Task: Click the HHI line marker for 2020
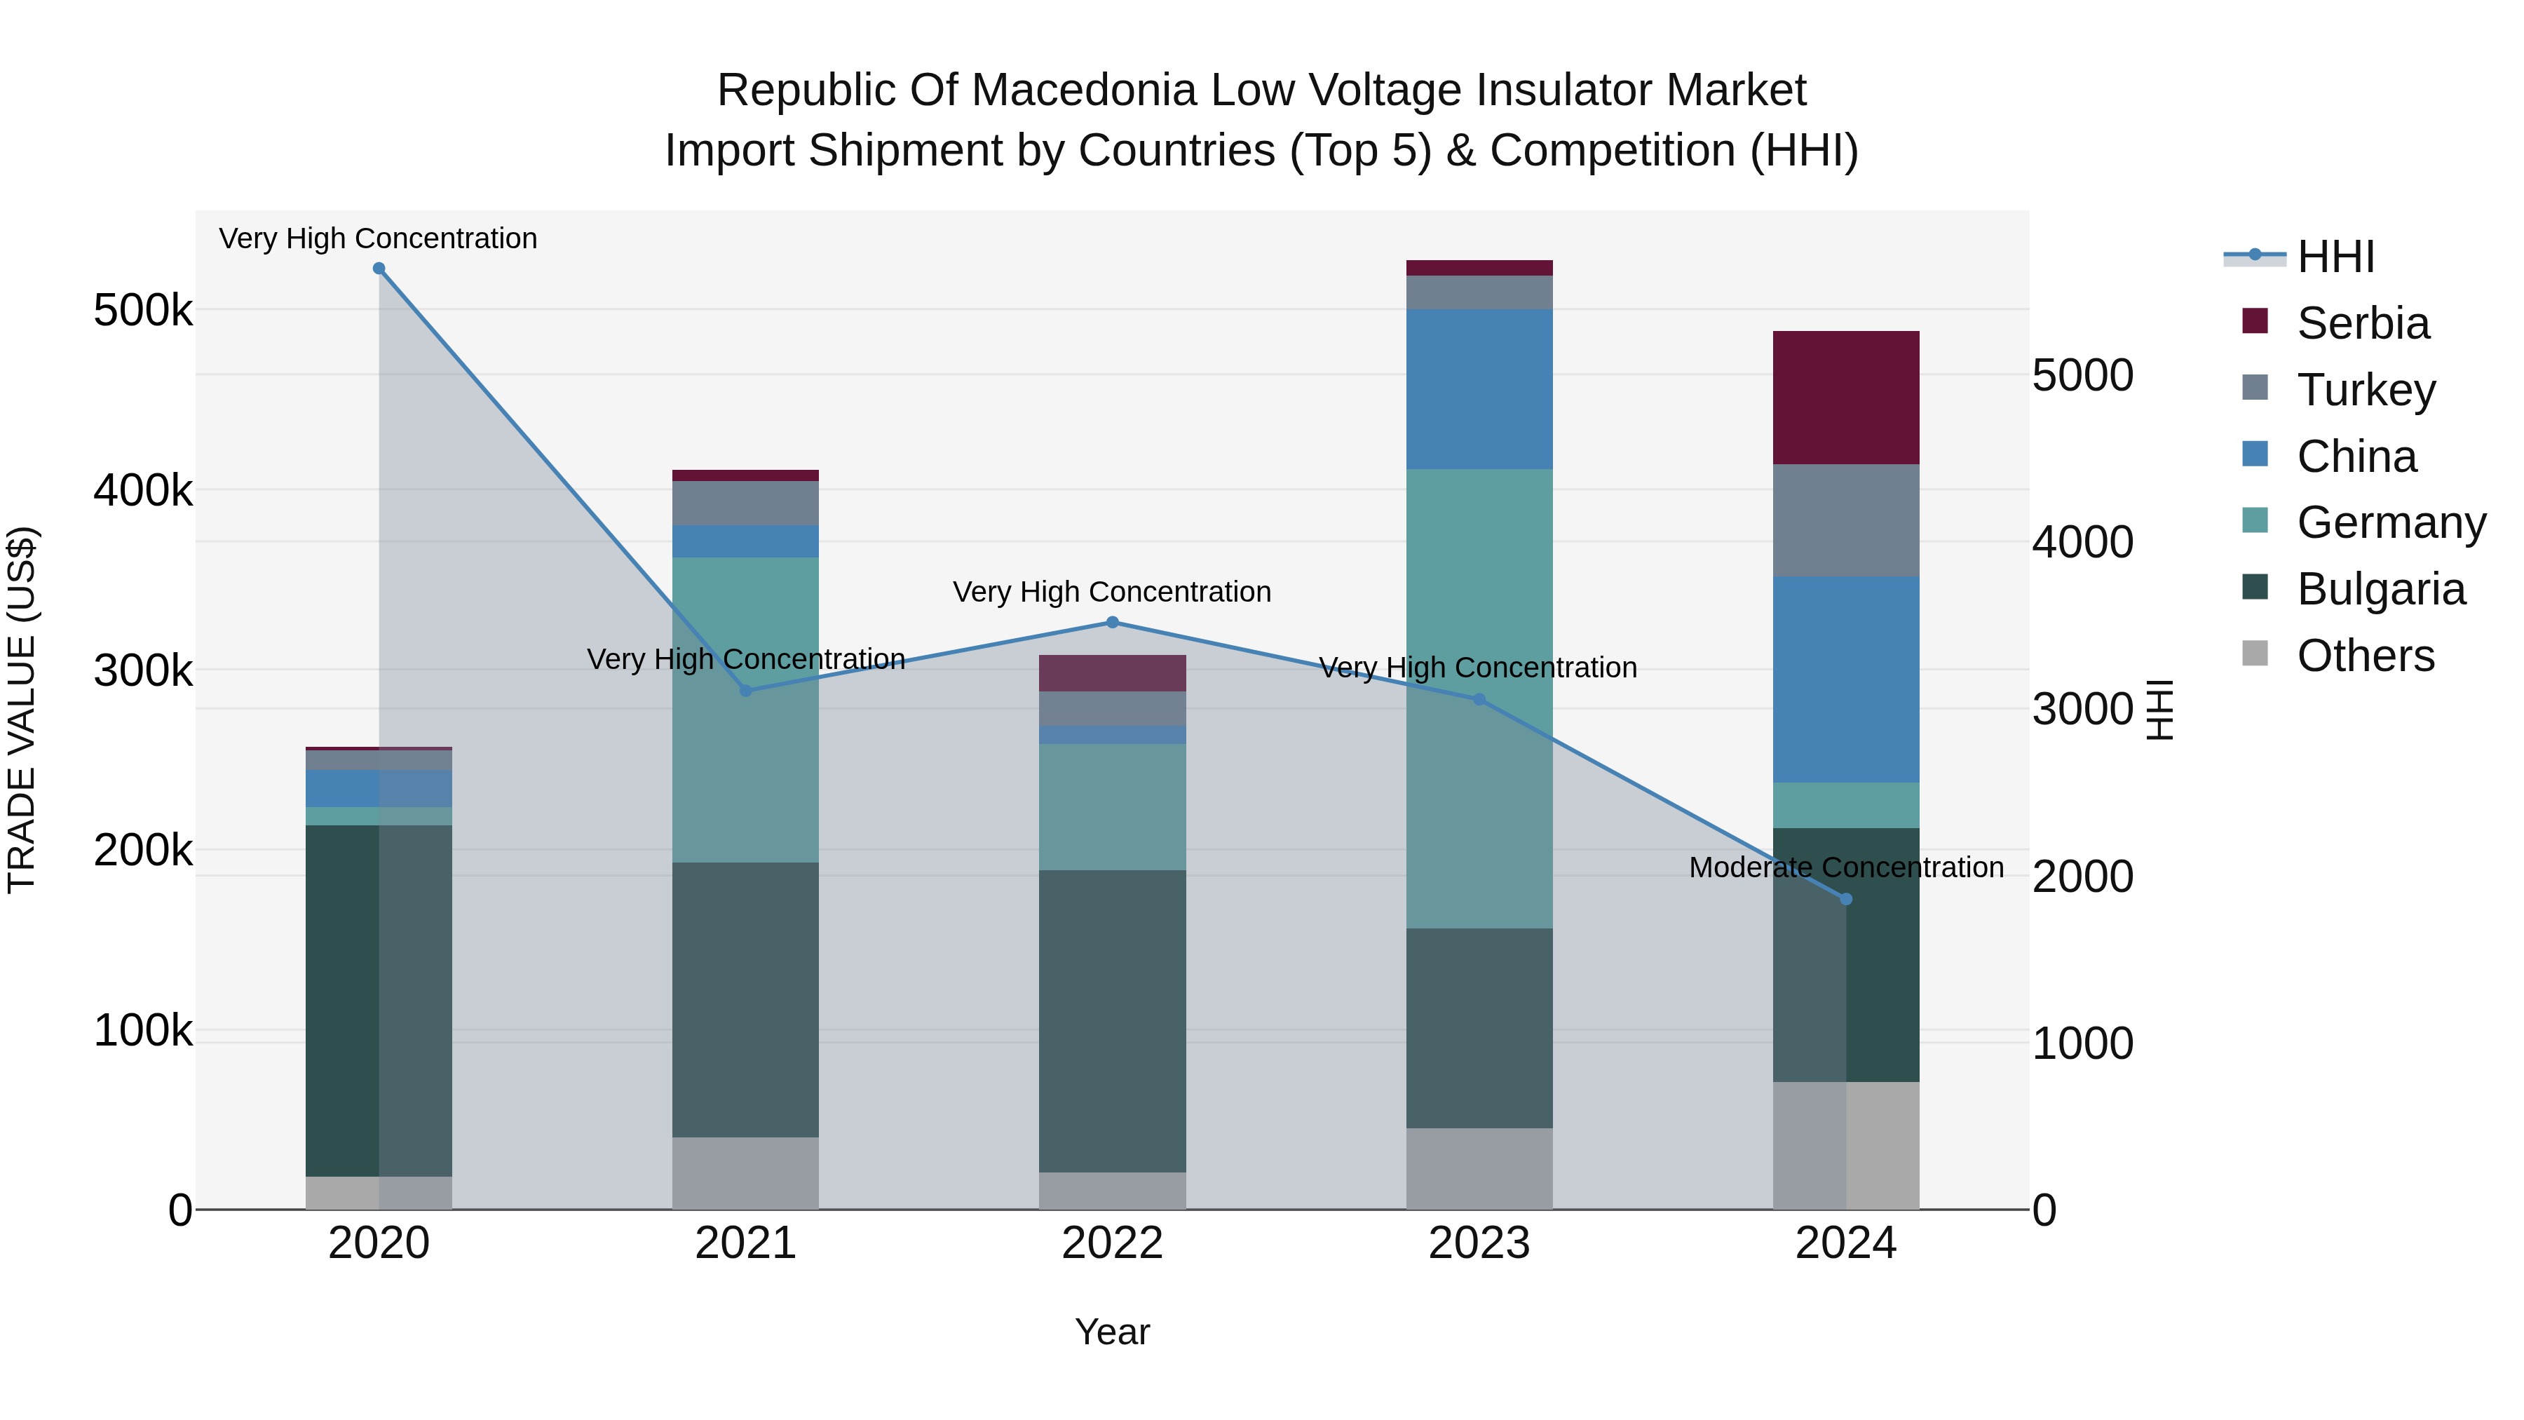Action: click(379, 269)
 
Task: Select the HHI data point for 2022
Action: click(1112, 622)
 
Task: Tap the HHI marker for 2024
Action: click(1846, 899)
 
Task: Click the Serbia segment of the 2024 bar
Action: click(1846, 397)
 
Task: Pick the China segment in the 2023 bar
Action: click(1479, 389)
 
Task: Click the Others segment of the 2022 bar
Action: click(1112, 1190)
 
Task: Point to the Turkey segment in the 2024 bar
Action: click(1846, 520)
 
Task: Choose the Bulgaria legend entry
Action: click(2380, 589)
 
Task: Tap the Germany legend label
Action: click(2391, 522)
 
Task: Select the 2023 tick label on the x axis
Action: click(1479, 1243)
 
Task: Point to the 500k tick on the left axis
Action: click(143, 311)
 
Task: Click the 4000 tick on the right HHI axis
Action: click(2082, 542)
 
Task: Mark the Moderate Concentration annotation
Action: click(1846, 867)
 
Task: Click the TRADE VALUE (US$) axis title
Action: click(22, 710)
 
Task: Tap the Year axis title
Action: click(1112, 1332)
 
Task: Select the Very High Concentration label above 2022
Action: click(1112, 592)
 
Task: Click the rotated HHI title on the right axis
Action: click(2159, 710)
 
